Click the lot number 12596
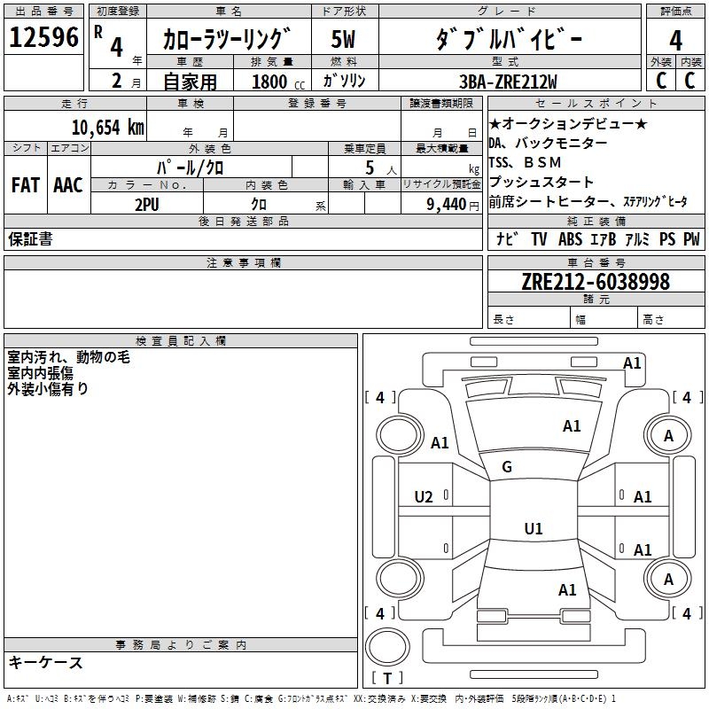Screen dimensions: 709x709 click(x=43, y=37)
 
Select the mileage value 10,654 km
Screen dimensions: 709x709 click(x=108, y=128)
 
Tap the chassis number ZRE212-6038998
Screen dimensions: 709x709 click(x=596, y=282)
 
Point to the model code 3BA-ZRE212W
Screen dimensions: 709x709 click(x=508, y=82)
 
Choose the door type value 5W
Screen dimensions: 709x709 click(x=343, y=39)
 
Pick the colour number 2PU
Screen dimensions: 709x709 click(x=147, y=205)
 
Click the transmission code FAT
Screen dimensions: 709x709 click(x=26, y=185)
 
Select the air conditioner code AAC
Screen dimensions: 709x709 click(x=68, y=185)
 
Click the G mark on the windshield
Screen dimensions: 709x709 click(x=507, y=467)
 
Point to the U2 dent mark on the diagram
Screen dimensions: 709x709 click(x=424, y=497)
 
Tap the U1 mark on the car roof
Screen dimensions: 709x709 click(x=534, y=528)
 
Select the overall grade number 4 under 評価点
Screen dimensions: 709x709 click(x=675, y=40)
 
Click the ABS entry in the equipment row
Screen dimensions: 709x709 click(x=570, y=239)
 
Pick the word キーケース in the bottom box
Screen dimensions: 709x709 click(x=45, y=662)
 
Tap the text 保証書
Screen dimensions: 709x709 click(x=30, y=238)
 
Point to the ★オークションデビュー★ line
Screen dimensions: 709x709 click(x=568, y=123)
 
